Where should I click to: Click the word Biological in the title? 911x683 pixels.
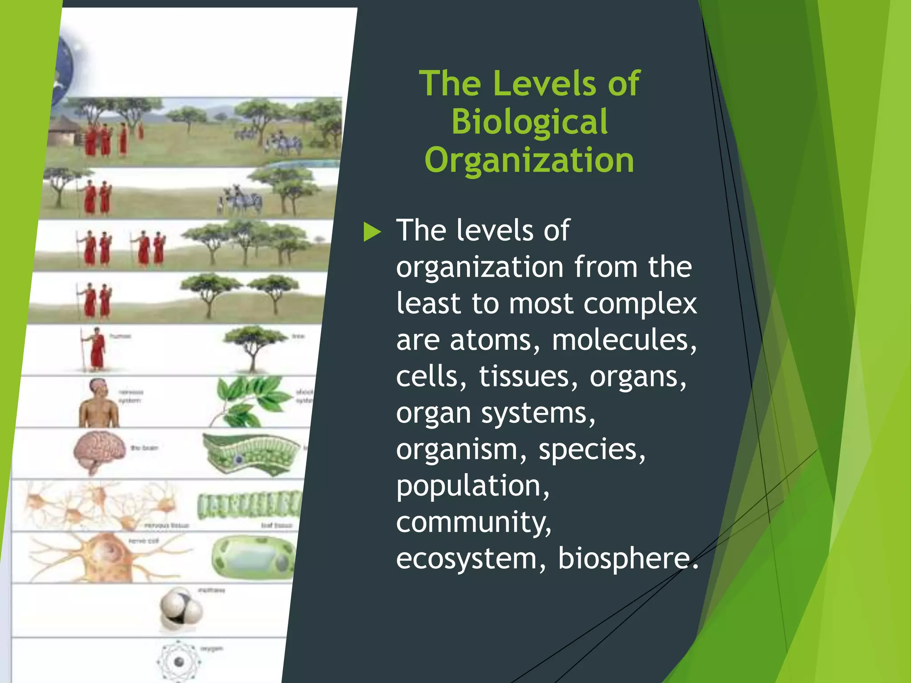[x=529, y=122]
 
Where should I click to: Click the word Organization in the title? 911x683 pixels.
[x=529, y=160]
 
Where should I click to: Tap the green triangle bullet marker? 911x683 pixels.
[x=372, y=232]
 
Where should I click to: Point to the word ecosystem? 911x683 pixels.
[x=466, y=558]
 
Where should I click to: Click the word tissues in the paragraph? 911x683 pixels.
[x=525, y=377]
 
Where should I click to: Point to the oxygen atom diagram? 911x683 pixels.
[x=179, y=662]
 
